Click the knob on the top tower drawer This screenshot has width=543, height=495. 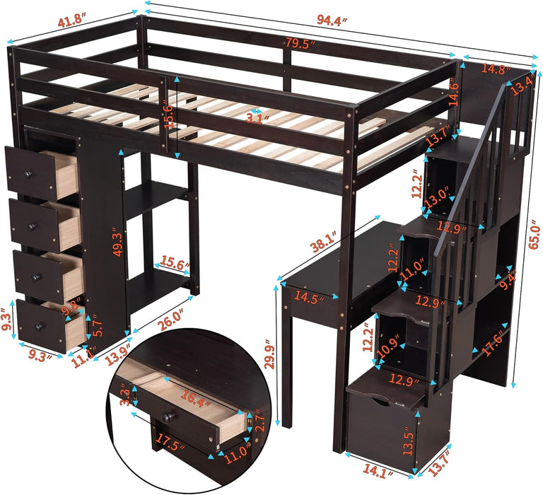(x=30, y=174)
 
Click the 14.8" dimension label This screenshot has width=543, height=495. (x=495, y=69)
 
